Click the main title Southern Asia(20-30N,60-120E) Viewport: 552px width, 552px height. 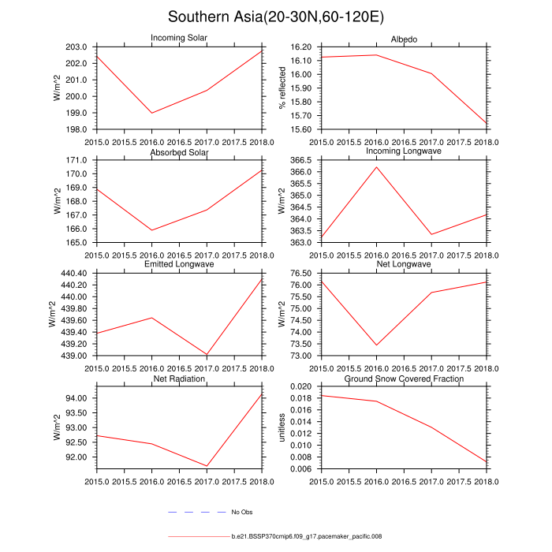[x=276, y=17]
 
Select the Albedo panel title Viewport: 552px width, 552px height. [x=404, y=39]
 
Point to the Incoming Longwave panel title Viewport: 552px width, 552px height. [x=404, y=151]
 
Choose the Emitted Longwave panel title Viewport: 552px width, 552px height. [x=179, y=264]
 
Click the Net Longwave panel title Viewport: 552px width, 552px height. [x=404, y=264]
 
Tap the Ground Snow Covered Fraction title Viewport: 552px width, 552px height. [x=404, y=379]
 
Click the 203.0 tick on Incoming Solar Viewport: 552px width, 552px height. [x=80, y=47]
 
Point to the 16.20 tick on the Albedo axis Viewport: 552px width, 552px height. [x=300, y=47]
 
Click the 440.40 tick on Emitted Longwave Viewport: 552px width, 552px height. [x=77, y=273]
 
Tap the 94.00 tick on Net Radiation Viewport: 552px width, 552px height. [x=80, y=398]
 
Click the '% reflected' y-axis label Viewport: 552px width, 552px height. [x=282, y=88]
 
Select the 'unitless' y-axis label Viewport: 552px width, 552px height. [x=282, y=427]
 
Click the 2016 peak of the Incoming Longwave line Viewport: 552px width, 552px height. [x=377, y=167]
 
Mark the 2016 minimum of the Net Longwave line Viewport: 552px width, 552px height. [x=377, y=345]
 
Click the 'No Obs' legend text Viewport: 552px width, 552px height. [x=241, y=513]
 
